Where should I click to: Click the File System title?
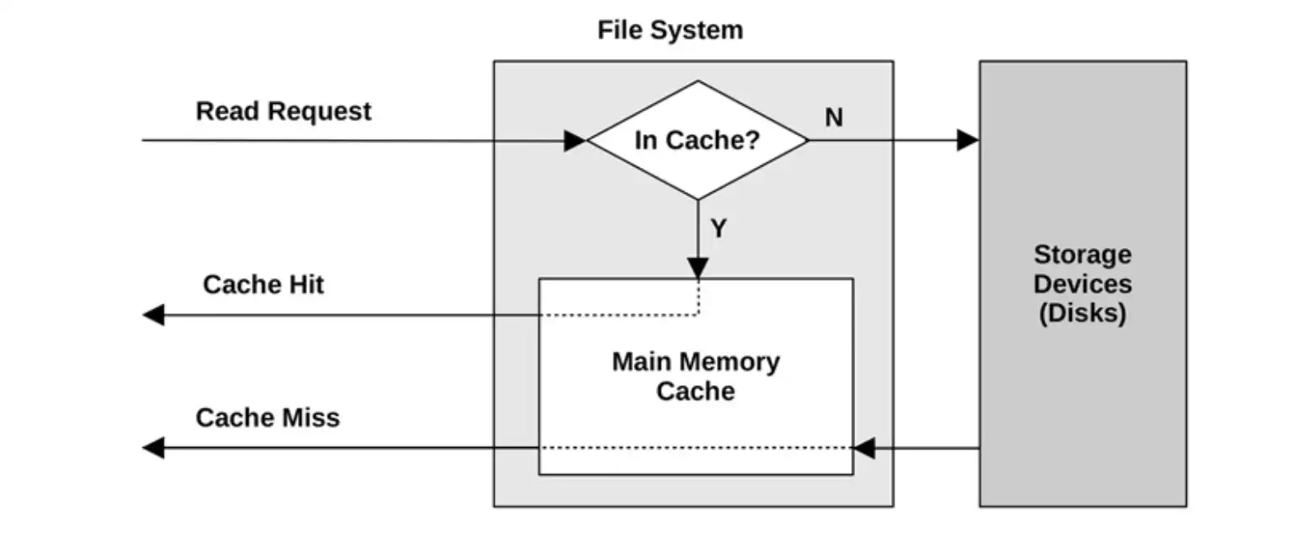[x=670, y=30]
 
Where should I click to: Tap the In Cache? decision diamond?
[x=697, y=140]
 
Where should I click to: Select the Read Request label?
[x=283, y=111]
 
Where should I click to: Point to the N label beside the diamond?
[x=834, y=118]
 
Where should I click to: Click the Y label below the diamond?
[x=719, y=228]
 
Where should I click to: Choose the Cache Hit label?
[x=263, y=285]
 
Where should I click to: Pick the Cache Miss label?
[x=268, y=417]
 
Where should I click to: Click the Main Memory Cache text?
[x=696, y=376]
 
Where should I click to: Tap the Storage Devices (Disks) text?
[x=1082, y=283]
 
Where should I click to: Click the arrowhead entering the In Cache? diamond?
[x=575, y=141]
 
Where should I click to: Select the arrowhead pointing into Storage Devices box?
[x=968, y=140]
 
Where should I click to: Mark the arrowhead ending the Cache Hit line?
[x=154, y=315]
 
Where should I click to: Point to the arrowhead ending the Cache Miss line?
[x=154, y=448]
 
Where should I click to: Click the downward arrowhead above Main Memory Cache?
[x=697, y=268]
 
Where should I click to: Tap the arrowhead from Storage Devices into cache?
[x=863, y=448]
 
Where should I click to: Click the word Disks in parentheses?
[x=1082, y=313]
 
